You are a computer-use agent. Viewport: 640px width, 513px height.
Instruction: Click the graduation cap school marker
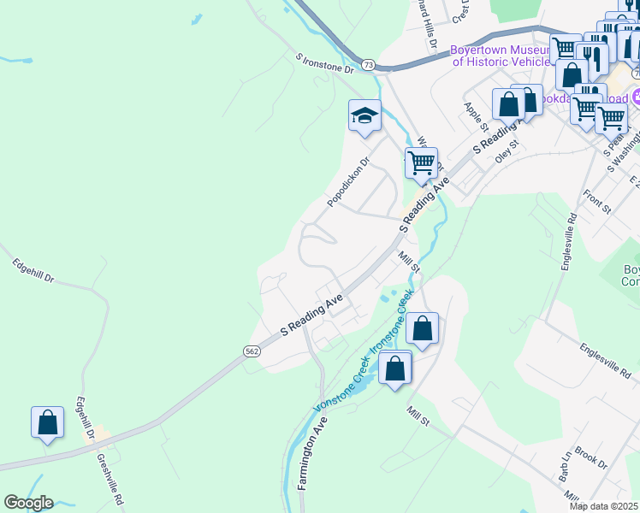[364, 115]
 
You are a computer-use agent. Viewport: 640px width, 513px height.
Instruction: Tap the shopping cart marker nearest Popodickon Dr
[421, 162]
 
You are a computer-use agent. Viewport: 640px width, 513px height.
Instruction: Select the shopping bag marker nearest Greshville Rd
[47, 422]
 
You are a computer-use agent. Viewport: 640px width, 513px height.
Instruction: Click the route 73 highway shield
[368, 64]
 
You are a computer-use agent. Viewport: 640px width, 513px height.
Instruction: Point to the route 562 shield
[252, 351]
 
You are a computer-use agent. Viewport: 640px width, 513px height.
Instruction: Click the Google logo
[28, 503]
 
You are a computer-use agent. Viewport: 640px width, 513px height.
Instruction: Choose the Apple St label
[475, 113]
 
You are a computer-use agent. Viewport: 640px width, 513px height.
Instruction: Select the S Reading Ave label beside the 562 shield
[313, 315]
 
